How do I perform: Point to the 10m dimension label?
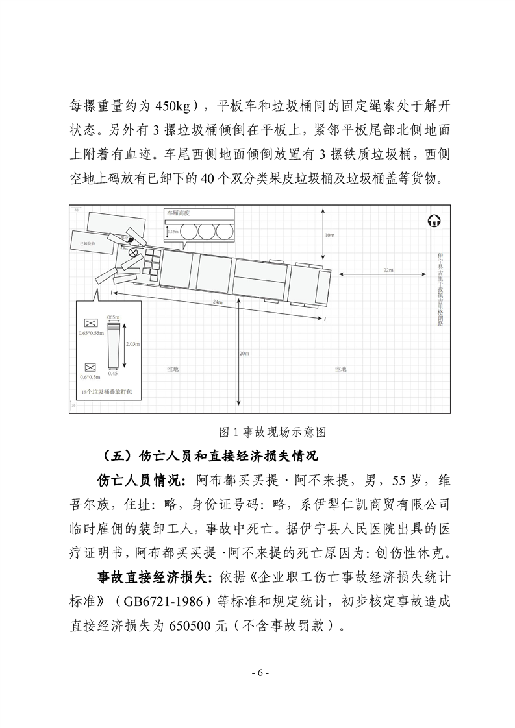point(329,234)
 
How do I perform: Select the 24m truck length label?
point(218,303)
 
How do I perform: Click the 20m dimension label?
point(244,353)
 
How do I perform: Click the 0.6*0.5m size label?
point(90,376)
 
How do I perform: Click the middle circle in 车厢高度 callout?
point(207,232)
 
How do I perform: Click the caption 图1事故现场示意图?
point(258,431)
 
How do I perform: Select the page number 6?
point(258,672)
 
